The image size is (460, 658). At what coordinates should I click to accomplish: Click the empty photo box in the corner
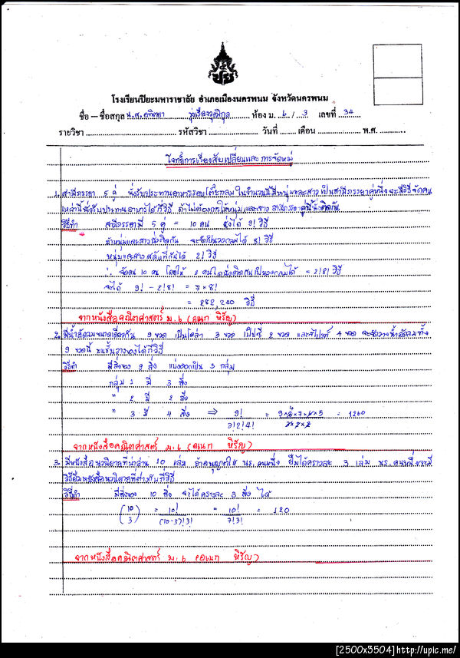397,70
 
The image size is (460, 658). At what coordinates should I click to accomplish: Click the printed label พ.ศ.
370,131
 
